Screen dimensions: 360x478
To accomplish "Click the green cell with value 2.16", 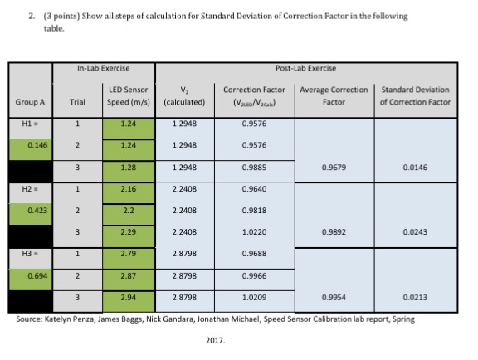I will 128,189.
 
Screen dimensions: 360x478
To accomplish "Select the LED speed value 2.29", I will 128,232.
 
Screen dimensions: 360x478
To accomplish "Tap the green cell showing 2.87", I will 128,275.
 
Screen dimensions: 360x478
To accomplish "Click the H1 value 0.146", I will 36,144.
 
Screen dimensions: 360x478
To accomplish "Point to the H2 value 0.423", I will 36,210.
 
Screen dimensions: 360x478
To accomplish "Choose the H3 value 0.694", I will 36,275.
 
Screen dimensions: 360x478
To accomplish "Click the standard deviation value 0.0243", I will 414,232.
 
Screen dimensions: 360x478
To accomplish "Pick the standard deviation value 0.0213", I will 414,296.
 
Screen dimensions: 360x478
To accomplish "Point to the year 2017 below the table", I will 214,340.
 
